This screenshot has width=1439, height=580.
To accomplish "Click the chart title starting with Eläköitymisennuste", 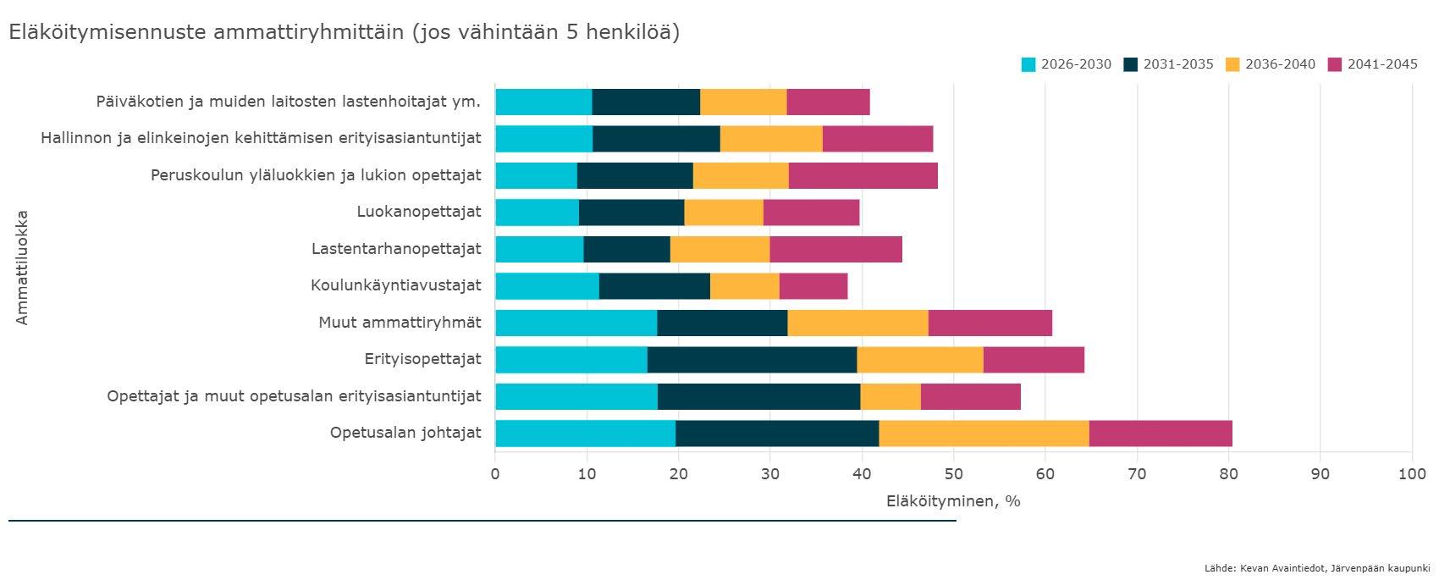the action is tap(345, 32).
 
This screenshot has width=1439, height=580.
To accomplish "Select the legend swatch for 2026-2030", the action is tap(1028, 64).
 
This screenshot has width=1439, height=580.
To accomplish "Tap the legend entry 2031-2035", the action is tap(1168, 64).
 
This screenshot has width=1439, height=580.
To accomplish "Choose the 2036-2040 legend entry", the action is tap(1271, 64).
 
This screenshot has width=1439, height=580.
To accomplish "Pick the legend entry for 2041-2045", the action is tap(1373, 64).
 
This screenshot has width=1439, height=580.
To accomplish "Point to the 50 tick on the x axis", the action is tap(953, 474).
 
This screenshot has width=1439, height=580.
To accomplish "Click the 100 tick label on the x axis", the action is tap(1412, 474).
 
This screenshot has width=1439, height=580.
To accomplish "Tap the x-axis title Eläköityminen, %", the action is tap(953, 501).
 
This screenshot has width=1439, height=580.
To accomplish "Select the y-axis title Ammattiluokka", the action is tap(23, 268).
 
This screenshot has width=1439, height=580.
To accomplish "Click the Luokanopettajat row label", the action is tap(419, 212).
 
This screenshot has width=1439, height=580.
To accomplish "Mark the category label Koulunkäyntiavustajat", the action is tap(396, 284).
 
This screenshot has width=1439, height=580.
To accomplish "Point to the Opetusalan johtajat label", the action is tap(405, 433).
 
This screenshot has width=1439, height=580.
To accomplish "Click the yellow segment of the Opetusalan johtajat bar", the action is tap(984, 434).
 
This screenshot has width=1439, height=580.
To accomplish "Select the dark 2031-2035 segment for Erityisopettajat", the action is tap(753, 360).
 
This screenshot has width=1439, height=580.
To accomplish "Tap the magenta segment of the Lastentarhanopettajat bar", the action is tap(835, 249).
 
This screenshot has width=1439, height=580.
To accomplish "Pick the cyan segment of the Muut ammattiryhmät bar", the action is tap(576, 323).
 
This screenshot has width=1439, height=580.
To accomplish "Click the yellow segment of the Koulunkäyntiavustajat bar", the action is tap(745, 286).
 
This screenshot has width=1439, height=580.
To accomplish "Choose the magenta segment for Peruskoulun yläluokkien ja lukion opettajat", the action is tap(863, 175).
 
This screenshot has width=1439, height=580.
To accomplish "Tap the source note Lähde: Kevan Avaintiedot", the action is tap(1317, 568).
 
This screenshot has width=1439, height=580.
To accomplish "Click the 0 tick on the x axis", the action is tap(494, 474).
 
